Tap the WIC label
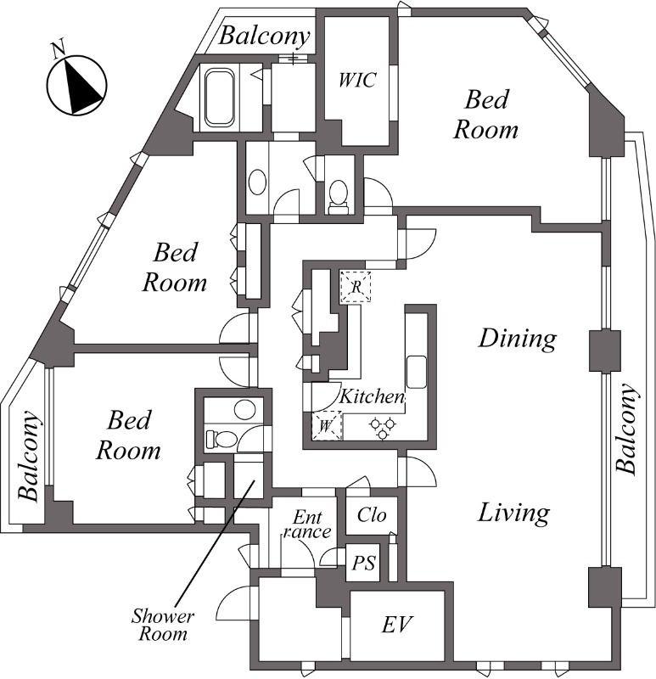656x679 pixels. pos(356,80)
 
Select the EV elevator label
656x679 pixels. pos(396,626)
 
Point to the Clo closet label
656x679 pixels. pos(372,514)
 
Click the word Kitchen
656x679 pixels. pos(372,396)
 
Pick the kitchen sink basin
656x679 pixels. pos(417,371)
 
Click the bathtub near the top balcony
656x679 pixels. pos(220,98)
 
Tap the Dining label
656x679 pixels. pos(517,339)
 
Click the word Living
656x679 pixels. pos(513,513)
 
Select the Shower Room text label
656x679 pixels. pos(163,624)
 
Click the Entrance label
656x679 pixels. pos(306,524)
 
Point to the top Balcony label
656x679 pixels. pos(261,36)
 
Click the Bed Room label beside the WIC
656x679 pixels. pos(486,115)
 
